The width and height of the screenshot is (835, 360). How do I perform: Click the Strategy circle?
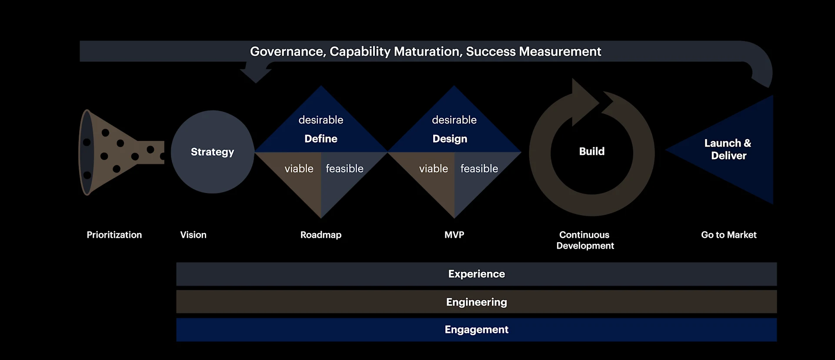[x=212, y=152]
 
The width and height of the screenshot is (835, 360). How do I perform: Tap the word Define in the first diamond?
[x=321, y=139]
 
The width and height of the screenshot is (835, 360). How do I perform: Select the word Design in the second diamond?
[x=450, y=139]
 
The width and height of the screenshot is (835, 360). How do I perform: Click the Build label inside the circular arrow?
[x=591, y=151]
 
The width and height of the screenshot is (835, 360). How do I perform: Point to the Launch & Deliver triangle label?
[x=728, y=149]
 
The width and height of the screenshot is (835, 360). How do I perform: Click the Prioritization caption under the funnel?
[x=114, y=235]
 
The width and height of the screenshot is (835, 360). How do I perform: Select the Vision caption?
[x=193, y=235]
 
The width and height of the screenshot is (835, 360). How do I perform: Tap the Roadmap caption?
[x=321, y=235]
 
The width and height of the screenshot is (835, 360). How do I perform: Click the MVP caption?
[x=454, y=235]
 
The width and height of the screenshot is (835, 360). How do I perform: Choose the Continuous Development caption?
[x=584, y=240]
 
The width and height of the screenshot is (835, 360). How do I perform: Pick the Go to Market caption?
[x=728, y=235]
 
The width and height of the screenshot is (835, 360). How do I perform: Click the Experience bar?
[x=476, y=274]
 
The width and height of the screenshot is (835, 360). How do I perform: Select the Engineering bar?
[x=476, y=302]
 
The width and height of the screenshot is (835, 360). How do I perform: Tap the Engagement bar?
[x=476, y=330]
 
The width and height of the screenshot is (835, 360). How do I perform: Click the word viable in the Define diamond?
[x=299, y=169]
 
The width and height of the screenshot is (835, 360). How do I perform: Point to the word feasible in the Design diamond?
[x=479, y=169]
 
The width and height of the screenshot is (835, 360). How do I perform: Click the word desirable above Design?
[x=454, y=120]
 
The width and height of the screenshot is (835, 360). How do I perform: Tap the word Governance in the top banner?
[x=287, y=52]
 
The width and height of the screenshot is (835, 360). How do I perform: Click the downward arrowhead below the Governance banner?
[x=256, y=75]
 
